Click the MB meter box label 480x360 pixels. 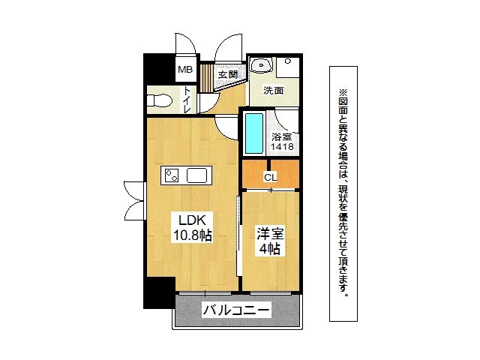(185, 70)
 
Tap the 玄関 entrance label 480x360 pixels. (228, 74)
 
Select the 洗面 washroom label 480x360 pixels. (273, 91)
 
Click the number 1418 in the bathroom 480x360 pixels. (282, 148)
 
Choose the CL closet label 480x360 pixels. (270, 177)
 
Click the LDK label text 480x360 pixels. (193, 220)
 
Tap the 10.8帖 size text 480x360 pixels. (193, 235)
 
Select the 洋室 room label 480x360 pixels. (271, 233)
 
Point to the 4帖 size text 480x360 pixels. (271, 249)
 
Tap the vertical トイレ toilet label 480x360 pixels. (186, 99)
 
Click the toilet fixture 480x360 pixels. (160, 99)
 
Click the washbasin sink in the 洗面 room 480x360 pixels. (260, 65)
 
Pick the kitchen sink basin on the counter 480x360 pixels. (197, 175)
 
